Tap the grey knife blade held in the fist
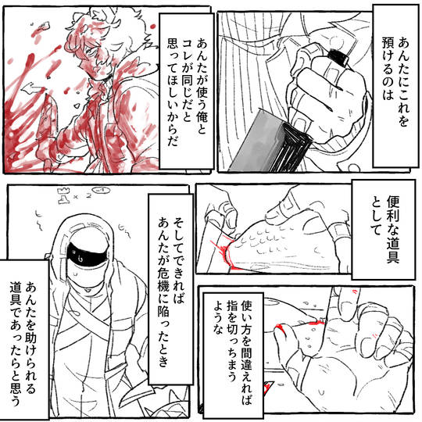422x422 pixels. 256,143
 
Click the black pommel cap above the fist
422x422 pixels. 338,57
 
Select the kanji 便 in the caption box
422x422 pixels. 392,202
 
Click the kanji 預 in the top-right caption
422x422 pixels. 388,43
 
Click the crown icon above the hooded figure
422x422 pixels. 63,191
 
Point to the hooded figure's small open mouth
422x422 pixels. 88,290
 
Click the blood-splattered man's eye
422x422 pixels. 92,50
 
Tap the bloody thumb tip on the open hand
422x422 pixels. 280,330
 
